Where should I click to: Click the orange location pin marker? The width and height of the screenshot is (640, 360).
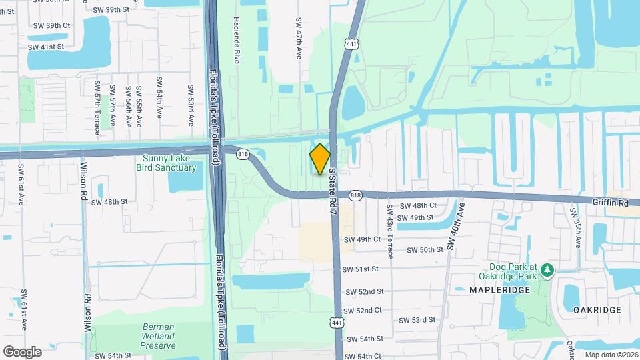[x=320, y=159]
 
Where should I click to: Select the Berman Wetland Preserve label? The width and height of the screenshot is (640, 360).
[x=159, y=337]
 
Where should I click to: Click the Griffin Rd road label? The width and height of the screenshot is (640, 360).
[x=611, y=201]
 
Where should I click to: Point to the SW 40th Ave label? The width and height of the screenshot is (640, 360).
[x=457, y=227]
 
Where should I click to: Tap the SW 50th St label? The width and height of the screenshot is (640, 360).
[x=425, y=250]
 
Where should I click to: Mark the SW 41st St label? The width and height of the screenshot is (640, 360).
[x=45, y=47]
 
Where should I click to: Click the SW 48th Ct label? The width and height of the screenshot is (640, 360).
[x=416, y=206]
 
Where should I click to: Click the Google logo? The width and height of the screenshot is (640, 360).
[x=22, y=351]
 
